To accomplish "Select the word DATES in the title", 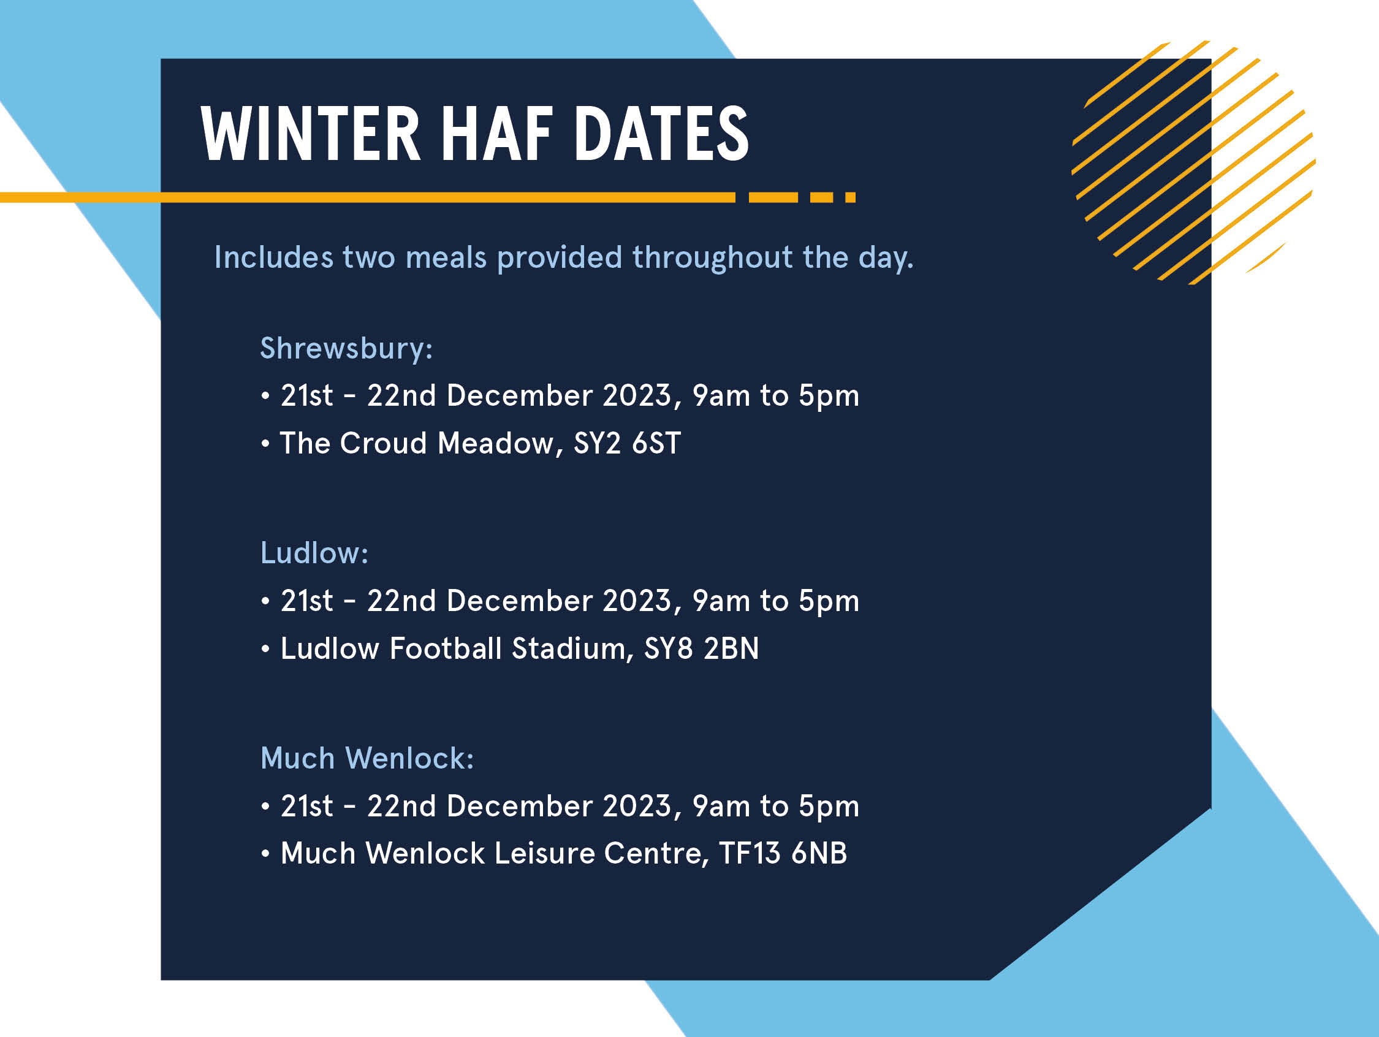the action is point(661,134).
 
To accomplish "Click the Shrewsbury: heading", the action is point(346,349).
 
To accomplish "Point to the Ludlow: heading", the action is point(314,553).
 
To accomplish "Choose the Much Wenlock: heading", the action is point(367,759).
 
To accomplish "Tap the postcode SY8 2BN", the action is point(701,648).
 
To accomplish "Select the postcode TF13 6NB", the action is point(783,854).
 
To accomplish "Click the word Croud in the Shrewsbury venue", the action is point(384,443).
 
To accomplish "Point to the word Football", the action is point(446,648).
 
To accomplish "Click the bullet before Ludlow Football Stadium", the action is point(265,650).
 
